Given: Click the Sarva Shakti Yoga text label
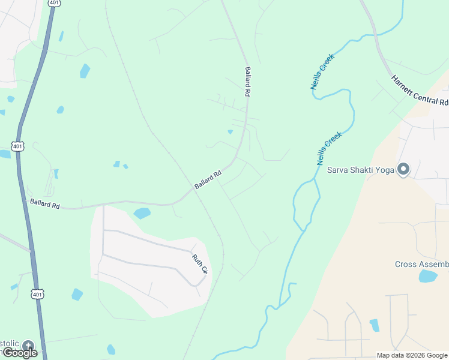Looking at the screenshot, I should point(360,170).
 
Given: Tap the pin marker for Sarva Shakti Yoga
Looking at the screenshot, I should point(403,170).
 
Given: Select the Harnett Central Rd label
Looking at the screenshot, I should point(420,90).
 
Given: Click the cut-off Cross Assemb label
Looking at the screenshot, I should point(421,265).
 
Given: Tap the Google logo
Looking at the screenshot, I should point(20,353).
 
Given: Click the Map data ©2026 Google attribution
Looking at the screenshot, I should point(412,355).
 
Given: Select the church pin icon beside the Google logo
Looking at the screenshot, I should point(28,346).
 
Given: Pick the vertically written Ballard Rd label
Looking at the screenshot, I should point(246,82).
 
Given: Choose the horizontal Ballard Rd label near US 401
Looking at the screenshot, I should point(45,204).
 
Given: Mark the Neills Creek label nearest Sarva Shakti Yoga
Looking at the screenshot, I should point(329,149).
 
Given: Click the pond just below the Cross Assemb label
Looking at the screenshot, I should point(427,276).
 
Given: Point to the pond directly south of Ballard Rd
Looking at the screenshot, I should point(142,213).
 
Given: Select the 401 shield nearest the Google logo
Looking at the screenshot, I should point(38,294).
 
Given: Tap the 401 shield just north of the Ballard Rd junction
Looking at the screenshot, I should point(17,145).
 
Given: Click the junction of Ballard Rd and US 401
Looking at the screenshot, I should point(23,199).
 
